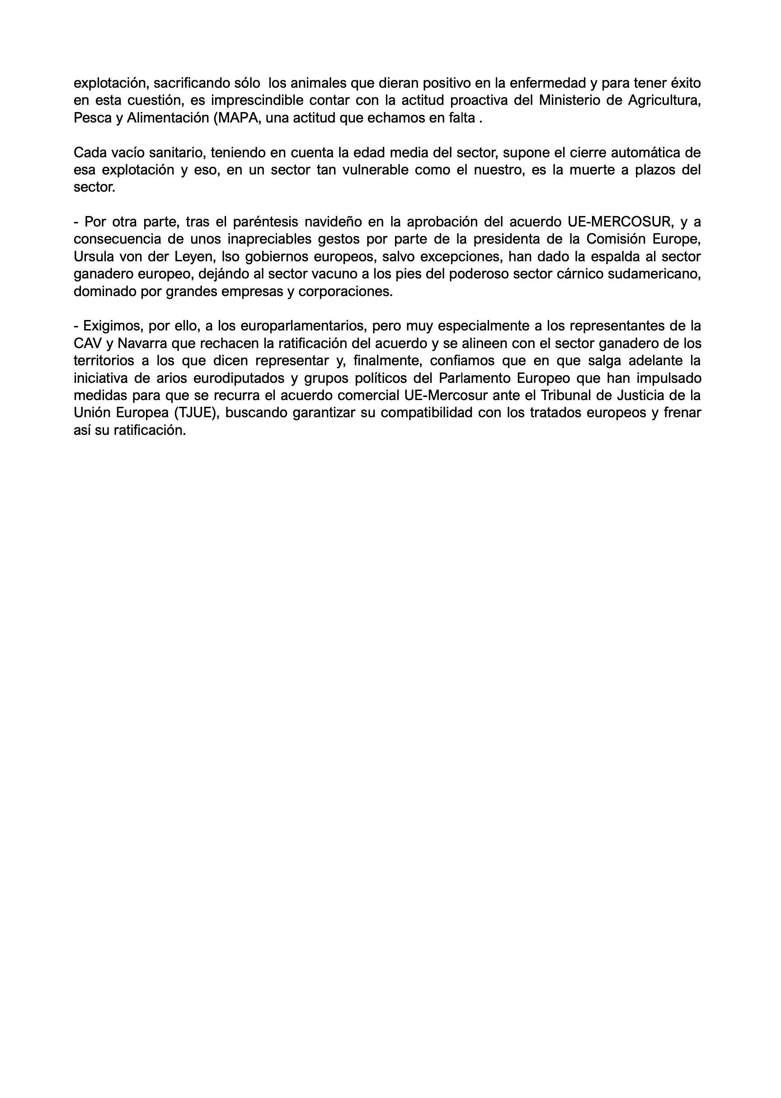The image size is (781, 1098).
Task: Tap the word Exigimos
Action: click(x=112, y=326)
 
